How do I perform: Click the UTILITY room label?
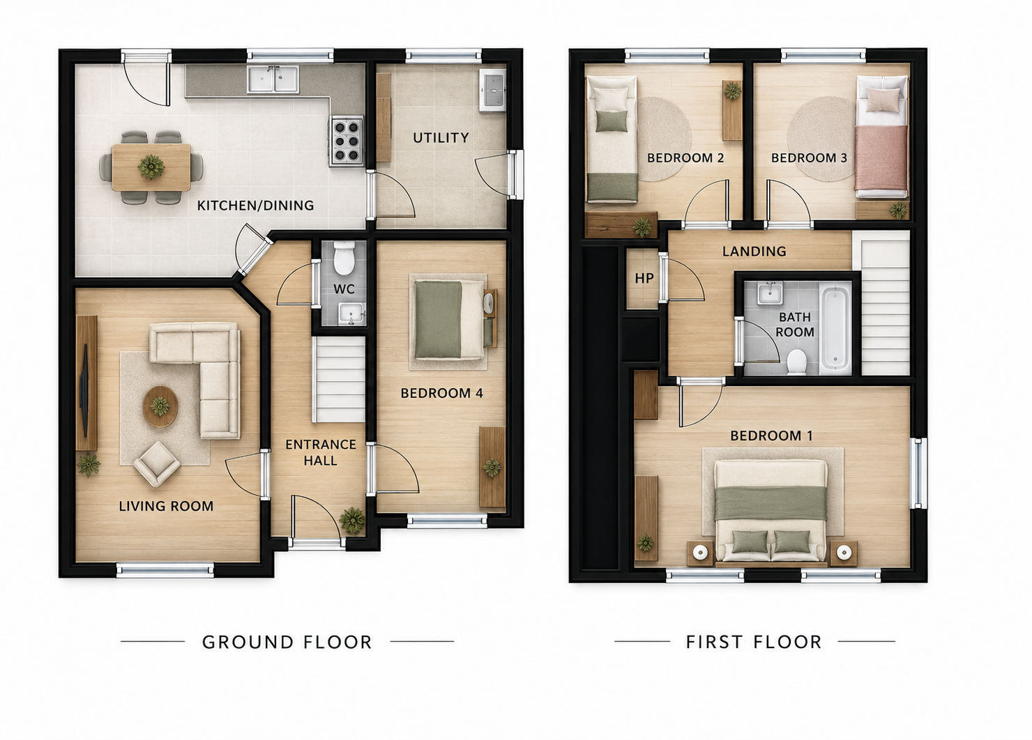[441, 138]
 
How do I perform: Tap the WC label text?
[344, 289]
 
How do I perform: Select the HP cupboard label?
[644, 278]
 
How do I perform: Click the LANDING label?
[754, 251]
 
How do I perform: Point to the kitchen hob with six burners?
[347, 141]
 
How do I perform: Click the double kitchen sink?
[273, 79]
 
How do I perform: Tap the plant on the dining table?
[151, 167]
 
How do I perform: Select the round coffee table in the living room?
[160, 407]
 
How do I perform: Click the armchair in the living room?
[157, 463]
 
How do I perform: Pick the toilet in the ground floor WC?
[344, 259]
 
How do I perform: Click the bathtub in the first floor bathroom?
[835, 327]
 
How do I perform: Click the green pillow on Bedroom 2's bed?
[612, 121]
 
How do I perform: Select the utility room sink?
[492, 91]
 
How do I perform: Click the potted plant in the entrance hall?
[352, 521]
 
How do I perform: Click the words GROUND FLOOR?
[287, 642]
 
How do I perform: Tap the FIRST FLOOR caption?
[754, 642]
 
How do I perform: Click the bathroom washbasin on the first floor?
[770, 293]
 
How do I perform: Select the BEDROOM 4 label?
[442, 393]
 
